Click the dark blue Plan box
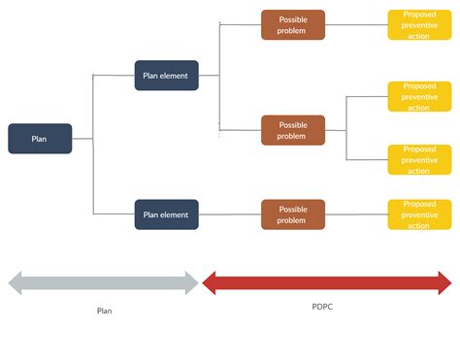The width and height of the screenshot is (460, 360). (40, 139)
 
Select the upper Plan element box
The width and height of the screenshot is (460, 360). (166, 76)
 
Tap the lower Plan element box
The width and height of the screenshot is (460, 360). (166, 214)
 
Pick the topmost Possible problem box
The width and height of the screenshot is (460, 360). (293, 25)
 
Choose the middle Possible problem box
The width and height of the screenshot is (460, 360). (293, 130)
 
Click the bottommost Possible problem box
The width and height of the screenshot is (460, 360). (293, 214)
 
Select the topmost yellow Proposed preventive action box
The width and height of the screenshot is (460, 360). (419, 25)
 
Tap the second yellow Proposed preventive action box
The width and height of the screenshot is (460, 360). (419, 96)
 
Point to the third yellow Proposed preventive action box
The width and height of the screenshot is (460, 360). (419, 159)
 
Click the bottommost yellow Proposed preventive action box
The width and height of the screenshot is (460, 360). (419, 214)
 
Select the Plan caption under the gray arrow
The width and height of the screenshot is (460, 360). (104, 311)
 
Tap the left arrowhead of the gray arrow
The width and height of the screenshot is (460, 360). (15, 283)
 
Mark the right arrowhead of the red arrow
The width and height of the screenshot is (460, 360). (445, 283)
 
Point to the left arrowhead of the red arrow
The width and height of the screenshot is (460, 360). (208, 283)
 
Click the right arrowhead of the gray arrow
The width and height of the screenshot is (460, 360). (191, 283)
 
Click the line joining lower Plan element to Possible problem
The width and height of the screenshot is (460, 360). (230, 214)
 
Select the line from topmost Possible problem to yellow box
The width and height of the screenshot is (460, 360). (356, 25)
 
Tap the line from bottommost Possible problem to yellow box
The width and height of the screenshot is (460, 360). (356, 214)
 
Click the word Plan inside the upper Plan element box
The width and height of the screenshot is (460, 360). (152, 76)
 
